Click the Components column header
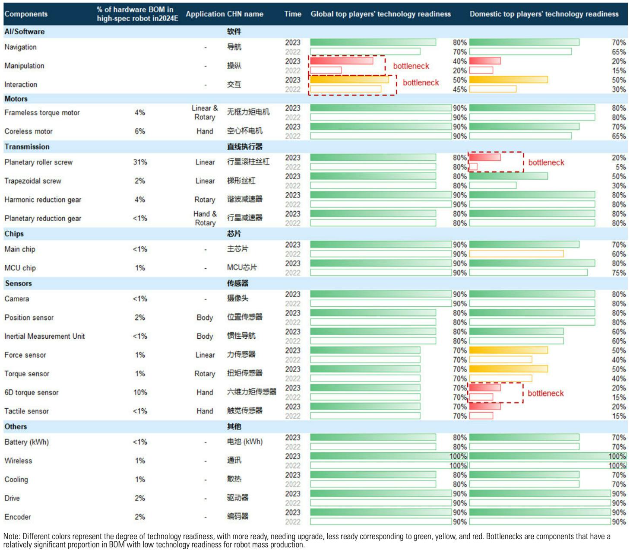point(26,14)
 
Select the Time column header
point(292,14)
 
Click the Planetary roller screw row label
point(38,162)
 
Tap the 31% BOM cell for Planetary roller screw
point(140,162)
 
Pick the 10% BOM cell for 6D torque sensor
point(140,393)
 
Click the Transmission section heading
point(27,147)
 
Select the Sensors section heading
point(18,283)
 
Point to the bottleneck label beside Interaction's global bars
point(421,83)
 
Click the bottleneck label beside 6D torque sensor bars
point(546,393)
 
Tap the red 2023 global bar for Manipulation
point(342,61)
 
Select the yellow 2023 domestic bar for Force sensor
point(508,350)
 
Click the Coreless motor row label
point(28,131)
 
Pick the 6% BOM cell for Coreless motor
point(140,131)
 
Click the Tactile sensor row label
point(26,411)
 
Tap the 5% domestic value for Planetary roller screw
point(620,167)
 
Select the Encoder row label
point(18,517)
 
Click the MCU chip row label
point(20,268)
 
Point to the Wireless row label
point(18,461)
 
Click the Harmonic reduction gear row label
point(43,200)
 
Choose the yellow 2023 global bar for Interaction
point(349,79)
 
